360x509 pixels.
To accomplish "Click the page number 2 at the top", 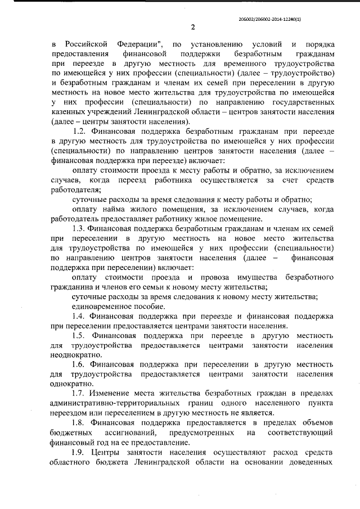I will [192, 26].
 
